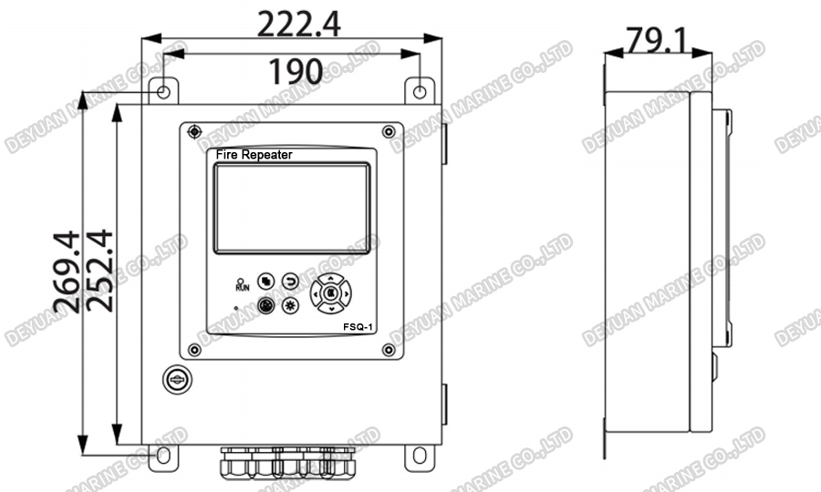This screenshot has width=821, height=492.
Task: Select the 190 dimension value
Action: tap(296, 71)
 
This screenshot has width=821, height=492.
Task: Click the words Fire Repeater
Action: tap(254, 155)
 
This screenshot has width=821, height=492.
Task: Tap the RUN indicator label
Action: tap(242, 286)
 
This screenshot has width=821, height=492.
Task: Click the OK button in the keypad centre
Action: tap(329, 293)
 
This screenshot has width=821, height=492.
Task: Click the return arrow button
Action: tap(290, 281)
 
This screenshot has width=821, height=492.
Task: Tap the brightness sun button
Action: tap(290, 306)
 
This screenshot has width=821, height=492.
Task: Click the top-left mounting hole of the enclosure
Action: tap(161, 92)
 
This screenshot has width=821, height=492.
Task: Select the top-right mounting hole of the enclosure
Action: tap(420, 92)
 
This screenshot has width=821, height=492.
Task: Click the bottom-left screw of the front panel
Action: tap(194, 349)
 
